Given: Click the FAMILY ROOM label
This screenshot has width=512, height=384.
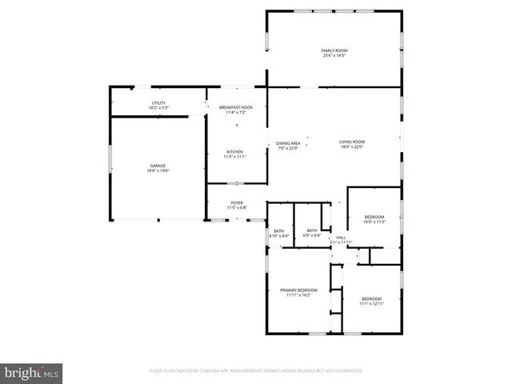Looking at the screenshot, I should coord(334,50).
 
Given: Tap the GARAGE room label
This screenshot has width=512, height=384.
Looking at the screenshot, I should coord(158,166).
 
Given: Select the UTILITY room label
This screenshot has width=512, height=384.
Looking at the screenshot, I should coord(158,102).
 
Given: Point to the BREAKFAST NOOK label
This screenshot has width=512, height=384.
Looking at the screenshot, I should coord(236,107).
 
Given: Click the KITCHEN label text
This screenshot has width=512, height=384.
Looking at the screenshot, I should coord(234,151).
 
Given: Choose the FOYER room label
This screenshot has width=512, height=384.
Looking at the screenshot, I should coord(237,202).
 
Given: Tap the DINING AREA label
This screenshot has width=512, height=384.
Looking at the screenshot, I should coord(288,142).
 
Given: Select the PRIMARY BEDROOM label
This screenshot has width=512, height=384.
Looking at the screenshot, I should coord(298,290).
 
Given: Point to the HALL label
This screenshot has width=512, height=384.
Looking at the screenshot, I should coord(341,237).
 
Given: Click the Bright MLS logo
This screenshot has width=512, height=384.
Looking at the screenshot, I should coord(32,372).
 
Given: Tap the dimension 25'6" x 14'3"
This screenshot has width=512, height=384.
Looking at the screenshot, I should coord(334,56).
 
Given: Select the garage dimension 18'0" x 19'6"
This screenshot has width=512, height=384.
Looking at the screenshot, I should coord(158,171).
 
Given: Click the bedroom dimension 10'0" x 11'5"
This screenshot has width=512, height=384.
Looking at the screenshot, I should coord(374,222).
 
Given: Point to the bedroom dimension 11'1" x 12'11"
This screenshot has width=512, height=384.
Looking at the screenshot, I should coord(372,303).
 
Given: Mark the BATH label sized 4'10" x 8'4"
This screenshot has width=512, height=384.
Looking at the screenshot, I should coord(278,234).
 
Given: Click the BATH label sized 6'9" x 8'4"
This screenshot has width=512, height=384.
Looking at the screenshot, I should coord(311,233).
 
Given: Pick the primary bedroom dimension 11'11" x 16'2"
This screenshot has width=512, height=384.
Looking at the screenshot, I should coord(298,295).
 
